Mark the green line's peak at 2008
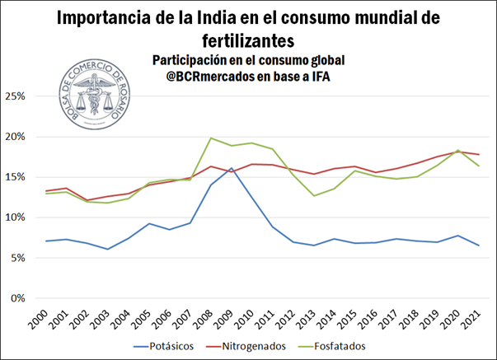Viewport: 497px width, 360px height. click(x=212, y=138)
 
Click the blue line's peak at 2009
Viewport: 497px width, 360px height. click(x=232, y=168)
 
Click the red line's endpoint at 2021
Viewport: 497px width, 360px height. click(x=477, y=155)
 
